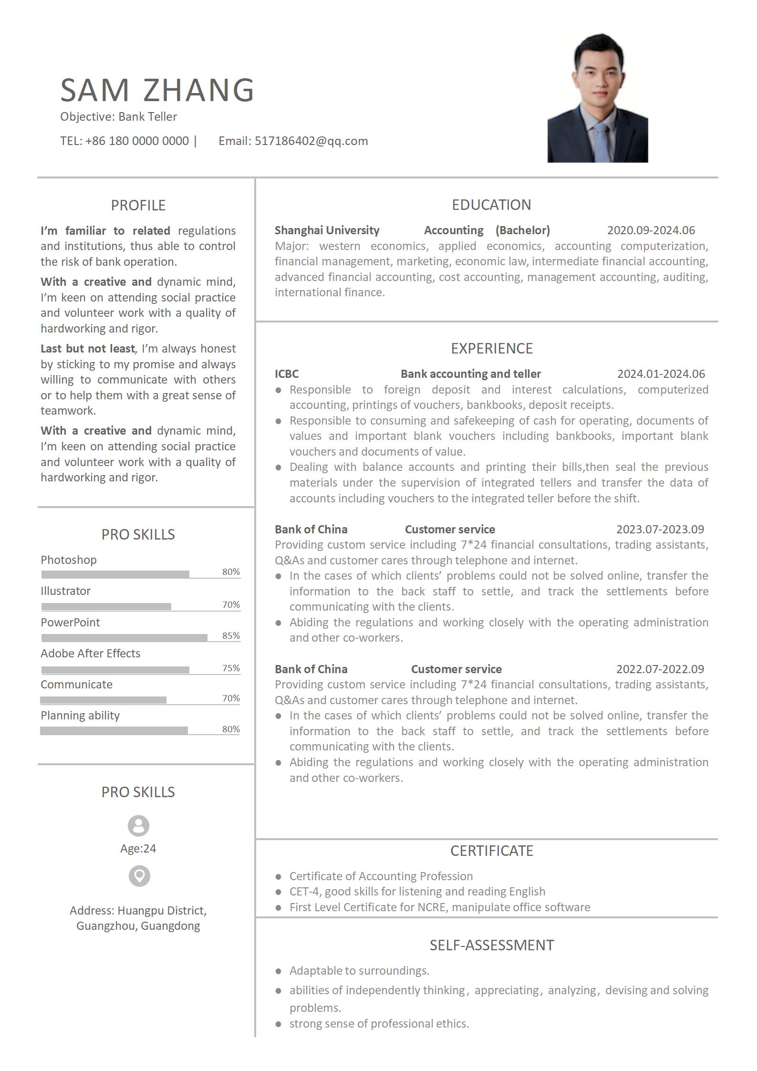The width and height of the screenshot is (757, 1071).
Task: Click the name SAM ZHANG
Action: (x=157, y=90)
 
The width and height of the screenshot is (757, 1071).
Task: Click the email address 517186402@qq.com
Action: (x=311, y=141)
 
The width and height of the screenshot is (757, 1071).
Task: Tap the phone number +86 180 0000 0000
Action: (x=137, y=141)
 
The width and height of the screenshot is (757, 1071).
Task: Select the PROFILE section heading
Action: (x=138, y=205)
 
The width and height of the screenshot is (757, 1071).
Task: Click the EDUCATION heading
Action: (x=491, y=205)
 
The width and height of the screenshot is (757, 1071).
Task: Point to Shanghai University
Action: (x=327, y=230)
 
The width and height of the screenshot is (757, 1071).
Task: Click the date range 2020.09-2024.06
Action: (x=651, y=230)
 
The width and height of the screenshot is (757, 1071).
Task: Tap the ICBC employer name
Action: (x=287, y=374)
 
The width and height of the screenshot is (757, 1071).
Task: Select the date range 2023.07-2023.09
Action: (x=660, y=530)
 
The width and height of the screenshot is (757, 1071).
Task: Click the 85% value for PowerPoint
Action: (x=231, y=635)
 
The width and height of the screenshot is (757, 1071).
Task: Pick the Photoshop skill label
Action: (x=69, y=560)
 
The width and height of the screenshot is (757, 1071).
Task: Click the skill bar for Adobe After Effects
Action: (x=115, y=670)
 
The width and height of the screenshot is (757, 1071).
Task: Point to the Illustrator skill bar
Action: (x=106, y=606)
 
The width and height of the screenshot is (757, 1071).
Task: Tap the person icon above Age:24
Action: (x=138, y=826)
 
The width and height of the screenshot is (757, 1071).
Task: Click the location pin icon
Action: (x=139, y=876)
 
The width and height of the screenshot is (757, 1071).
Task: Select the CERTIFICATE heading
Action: (x=491, y=851)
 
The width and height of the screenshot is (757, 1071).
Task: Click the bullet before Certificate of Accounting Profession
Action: (x=279, y=876)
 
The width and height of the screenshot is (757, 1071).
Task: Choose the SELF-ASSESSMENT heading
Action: (x=491, y=945)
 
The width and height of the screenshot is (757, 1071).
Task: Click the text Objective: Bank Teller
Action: (x=118, y=117)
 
